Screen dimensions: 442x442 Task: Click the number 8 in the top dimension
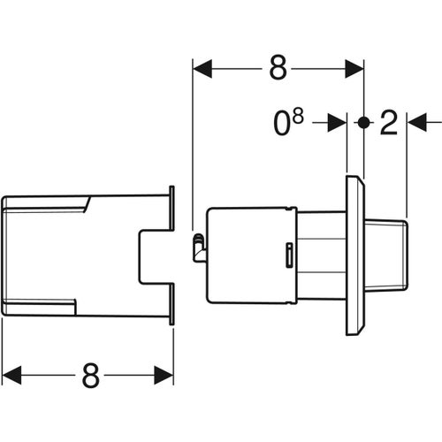278,68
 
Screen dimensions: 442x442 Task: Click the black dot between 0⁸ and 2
363,124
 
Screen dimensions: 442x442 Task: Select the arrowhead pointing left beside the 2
416,124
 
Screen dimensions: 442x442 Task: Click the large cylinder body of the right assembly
248,254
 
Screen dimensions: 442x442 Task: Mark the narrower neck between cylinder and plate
320,254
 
